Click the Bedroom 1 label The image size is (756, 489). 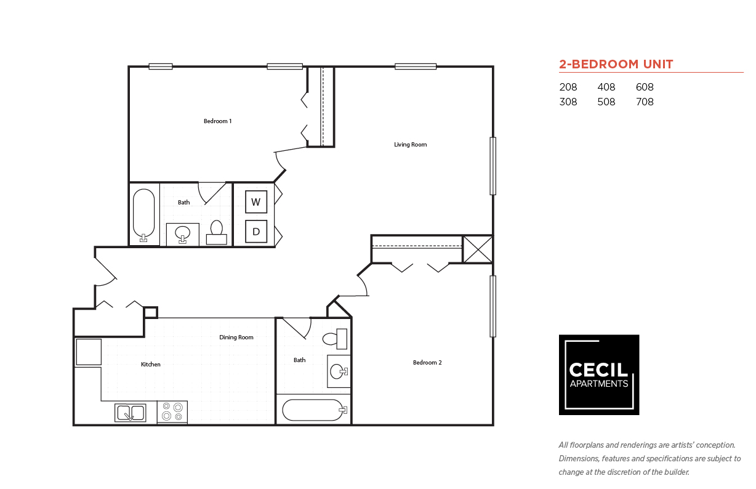(x=217, y=121)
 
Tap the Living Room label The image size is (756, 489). (x=410, y=145)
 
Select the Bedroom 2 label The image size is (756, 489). (x=427, y=363)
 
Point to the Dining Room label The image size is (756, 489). (x=236, y=337)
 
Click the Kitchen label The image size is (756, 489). (x=150, y=365)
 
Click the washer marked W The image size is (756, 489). (x=256, y=202)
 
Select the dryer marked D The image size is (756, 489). (x=256, y=231)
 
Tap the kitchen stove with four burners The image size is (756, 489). (x=172, y=412)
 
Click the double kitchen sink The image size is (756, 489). (x=131, y=413)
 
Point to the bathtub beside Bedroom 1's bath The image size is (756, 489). (x=144, y=215)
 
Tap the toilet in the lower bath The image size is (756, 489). (x=336, y=339)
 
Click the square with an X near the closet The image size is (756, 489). (x=477, y=249)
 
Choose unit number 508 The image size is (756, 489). (x=606, y=102)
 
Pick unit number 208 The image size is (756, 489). (x=568, y=87)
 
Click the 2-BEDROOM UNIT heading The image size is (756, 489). (x=616, y=64)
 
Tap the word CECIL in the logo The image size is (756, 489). (x=598, y=370)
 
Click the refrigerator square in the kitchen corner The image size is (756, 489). (x=88, y=352)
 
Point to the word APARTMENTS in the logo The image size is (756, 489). (x=598, y=384)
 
